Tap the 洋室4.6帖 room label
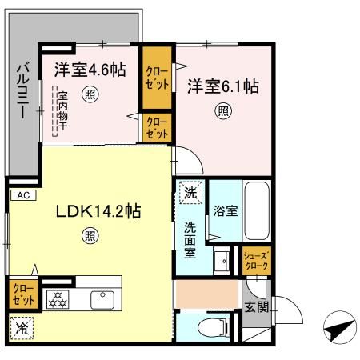tap(90, 70)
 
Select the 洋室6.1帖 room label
tap(223, 85)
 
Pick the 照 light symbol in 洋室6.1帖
tap(223, 110)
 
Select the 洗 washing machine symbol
tap(190, 193)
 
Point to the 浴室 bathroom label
tap(225, 211)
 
